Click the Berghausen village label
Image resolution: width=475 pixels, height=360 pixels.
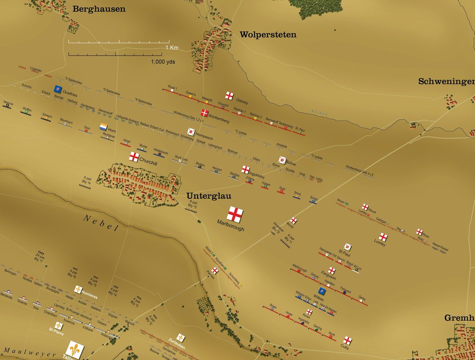point(99,9)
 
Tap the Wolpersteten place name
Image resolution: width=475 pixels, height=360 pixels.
point(268,35)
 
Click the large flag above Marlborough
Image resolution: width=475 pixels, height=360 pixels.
point(235,214)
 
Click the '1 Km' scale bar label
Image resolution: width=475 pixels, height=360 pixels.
point(172,47)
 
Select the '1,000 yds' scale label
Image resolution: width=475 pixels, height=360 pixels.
point(163,62)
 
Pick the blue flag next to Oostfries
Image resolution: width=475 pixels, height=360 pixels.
point(58,88)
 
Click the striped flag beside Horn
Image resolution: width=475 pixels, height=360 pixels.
point(103,127)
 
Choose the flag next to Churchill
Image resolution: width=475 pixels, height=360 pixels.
point(134,156)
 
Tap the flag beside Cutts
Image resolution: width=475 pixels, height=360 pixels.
point(347,340)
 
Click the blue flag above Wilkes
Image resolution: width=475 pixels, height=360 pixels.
point(322,291)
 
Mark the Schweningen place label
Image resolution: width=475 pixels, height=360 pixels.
point(446,81)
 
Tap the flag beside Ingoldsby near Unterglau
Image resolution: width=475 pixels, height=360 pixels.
point(245,169)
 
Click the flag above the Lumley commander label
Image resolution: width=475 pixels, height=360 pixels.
point(383,237)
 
